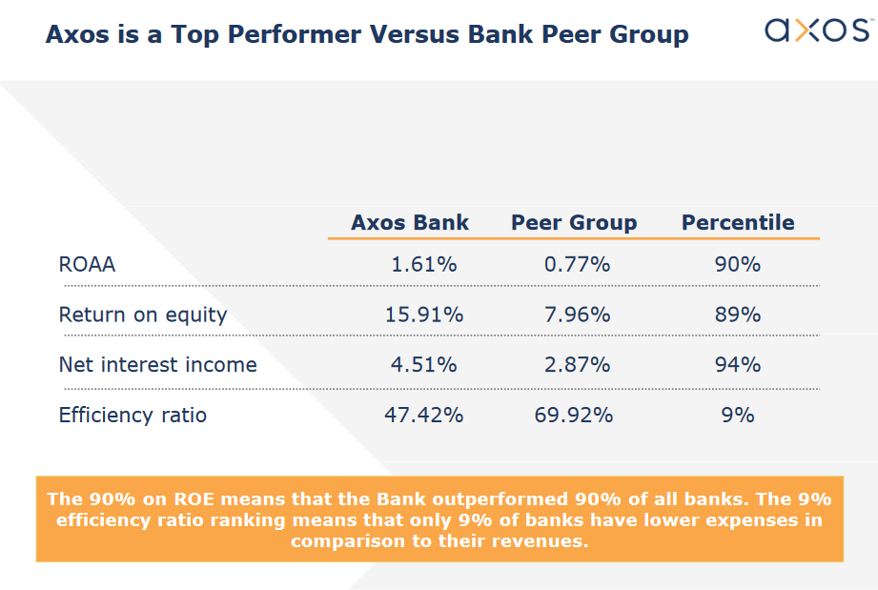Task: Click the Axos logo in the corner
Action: coord(817,31)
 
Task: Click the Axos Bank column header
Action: coord(410,223)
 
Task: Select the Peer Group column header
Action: coord(573,223)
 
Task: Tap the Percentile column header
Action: coord(737,223)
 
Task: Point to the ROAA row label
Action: coord(87,265)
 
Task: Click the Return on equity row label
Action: coord(143,315)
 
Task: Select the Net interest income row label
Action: coord(157,365)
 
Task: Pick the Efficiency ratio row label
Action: coord(133,416)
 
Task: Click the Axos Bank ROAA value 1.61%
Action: coord(423,265)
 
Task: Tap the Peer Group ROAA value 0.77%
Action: coord(577,265)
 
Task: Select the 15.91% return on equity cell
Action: coord(423,315)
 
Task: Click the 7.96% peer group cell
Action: coord(577,315)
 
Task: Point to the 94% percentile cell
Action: coord(737,365)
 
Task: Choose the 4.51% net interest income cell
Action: coord(423,365)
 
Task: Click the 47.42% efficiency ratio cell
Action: coord(423,416)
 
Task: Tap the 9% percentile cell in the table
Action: coord(737,416)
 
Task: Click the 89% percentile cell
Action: coord(737,315)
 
